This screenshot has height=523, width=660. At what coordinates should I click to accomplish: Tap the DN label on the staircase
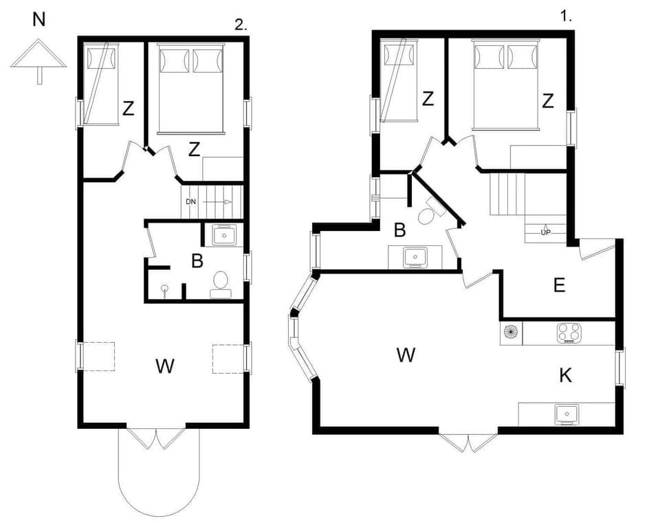point(192,202)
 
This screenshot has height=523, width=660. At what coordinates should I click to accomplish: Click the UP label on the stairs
point(546,232)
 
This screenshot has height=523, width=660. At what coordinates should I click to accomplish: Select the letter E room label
point(560,286)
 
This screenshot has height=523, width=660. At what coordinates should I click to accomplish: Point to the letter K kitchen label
point(566,375)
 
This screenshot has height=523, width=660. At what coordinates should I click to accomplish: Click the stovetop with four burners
point(569,333)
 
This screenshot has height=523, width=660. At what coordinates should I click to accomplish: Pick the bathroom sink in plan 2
point(224,236)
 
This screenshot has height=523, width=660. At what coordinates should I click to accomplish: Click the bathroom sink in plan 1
point(415,257)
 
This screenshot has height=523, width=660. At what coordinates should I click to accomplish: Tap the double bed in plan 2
point(192,88)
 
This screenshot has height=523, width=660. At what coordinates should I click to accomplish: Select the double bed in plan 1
point(505,84)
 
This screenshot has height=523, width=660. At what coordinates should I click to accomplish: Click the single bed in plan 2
point(100,85)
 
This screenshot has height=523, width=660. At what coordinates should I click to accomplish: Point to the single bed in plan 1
point(400,80)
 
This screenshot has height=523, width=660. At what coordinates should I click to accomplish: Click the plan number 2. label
point(241,25)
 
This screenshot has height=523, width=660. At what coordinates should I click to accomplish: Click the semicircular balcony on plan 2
point(159,474)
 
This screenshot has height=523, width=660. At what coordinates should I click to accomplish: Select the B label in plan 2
point(197,261)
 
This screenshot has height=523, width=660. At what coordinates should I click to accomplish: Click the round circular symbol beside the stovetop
point(511,332)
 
